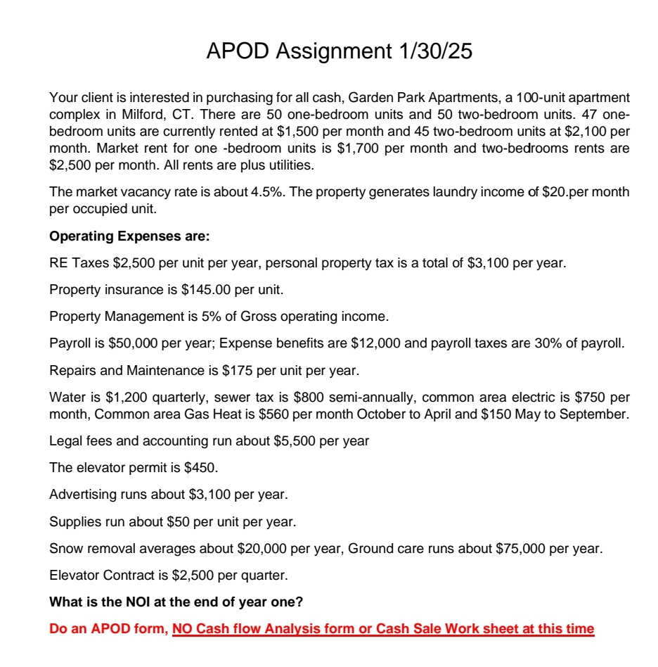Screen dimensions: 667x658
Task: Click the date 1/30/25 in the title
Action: coord(435,51)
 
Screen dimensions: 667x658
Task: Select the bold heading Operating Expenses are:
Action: coord(129,236)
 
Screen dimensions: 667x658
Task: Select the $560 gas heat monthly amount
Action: coord(276,414)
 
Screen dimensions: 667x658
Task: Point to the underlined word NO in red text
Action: coord(182,629)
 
